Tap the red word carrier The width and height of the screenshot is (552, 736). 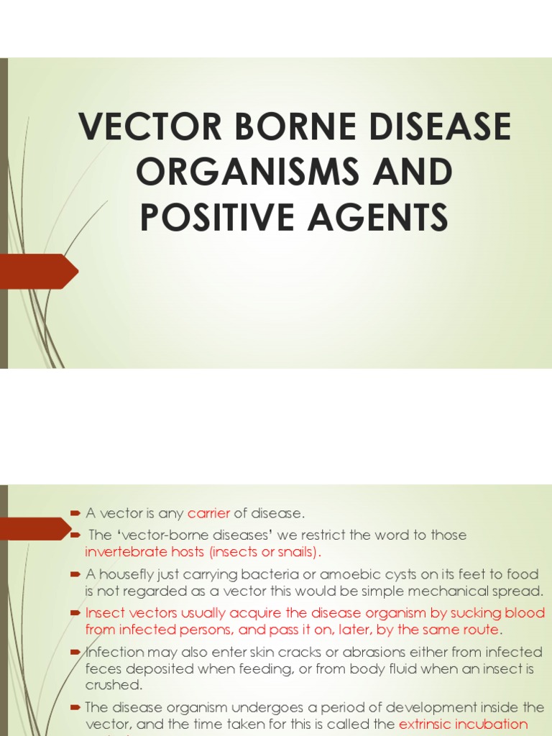click(209, 513)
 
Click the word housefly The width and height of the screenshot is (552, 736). click(126, 574)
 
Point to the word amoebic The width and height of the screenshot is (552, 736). click(352, 574)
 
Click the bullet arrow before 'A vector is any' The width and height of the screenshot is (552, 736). click(75, 513)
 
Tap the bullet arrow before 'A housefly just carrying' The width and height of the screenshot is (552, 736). click(75, 574)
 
